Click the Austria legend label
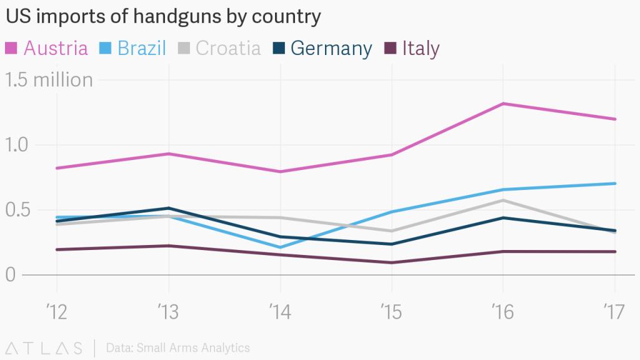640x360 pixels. point(56,48)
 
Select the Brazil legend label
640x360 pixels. point(141,48)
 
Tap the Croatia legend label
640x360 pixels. point(228,48)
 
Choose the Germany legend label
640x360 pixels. point(331,48)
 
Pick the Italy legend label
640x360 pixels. point(421,48)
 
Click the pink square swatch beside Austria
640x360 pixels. point(12,48)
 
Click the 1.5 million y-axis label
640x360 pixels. point(49,80)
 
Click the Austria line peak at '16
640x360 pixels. point(504,104)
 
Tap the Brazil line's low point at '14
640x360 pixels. point(280,247)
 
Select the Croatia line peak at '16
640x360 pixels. point(504,200)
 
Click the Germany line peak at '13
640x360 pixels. point(168,208)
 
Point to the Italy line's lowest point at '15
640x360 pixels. point(392,262)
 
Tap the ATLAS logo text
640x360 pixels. point(44,347)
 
